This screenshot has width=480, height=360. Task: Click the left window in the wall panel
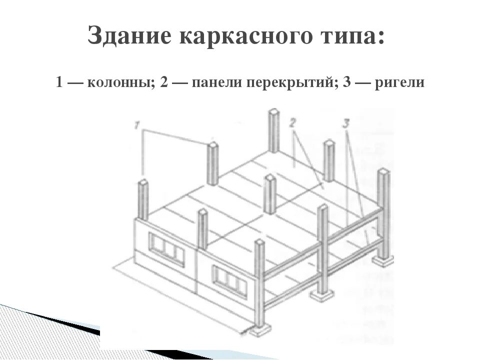[166, 249]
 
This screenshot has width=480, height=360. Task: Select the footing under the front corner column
[260, 330]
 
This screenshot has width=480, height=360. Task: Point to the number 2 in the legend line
[164, 82]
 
